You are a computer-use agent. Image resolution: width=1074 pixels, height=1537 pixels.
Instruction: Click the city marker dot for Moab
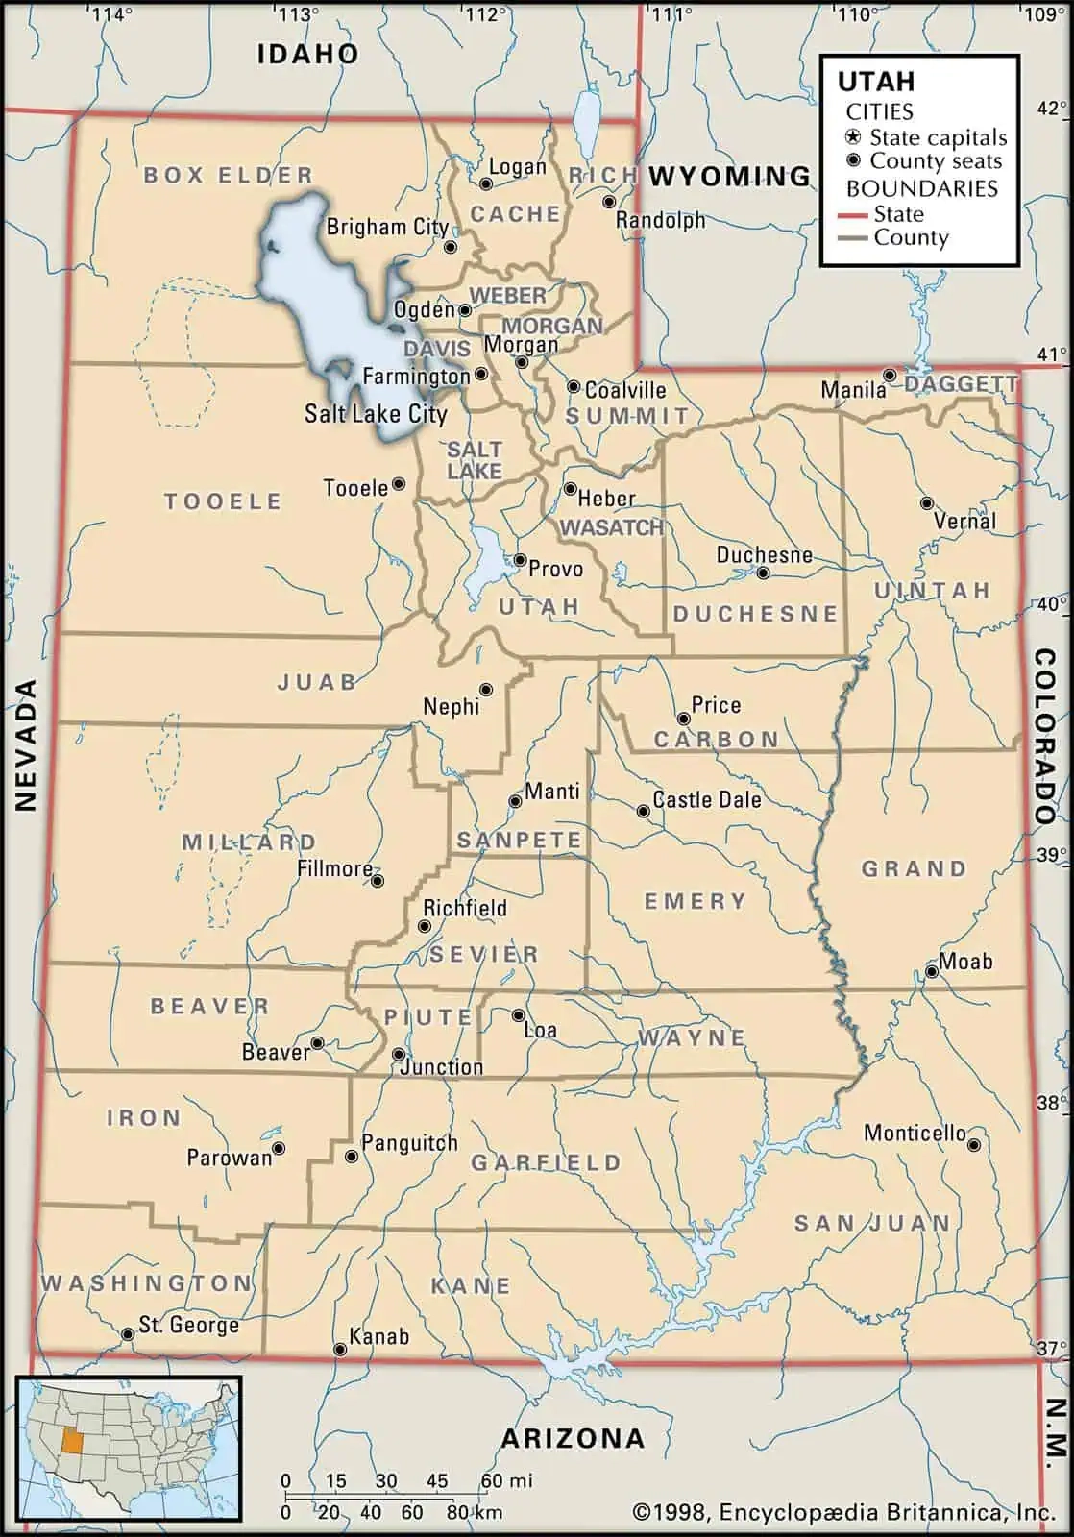click(931, 972)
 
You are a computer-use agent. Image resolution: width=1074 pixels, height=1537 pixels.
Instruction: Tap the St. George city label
click(188, 1325)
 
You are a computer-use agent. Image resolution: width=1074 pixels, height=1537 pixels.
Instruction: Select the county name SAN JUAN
click(871, 1223)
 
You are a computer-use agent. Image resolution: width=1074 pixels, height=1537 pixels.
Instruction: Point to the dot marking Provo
click(519, 559)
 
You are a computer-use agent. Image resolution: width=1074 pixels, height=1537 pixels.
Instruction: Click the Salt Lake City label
click(376, 414)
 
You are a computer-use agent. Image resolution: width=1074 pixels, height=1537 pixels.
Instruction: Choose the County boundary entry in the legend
click(909, 238)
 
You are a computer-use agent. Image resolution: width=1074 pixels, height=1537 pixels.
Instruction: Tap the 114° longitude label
click(112, 13)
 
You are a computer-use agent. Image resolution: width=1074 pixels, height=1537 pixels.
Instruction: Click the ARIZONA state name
click(573, 1438)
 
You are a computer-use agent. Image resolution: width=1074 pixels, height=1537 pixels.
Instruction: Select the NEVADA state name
click(26, 744)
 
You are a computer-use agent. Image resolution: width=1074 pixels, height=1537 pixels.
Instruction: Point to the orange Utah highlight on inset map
click(71, 1444)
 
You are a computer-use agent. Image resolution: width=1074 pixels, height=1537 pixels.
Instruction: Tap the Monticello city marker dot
click(973, 1144)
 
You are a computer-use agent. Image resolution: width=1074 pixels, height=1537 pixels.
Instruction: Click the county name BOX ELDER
click(229, 175)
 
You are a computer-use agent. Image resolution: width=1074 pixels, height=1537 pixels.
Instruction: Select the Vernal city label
click(964, 522)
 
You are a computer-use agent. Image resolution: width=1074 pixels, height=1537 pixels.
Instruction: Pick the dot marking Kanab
click(339, 1350)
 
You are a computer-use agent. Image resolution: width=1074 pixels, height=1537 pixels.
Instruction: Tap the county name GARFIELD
click(546, 1162)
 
